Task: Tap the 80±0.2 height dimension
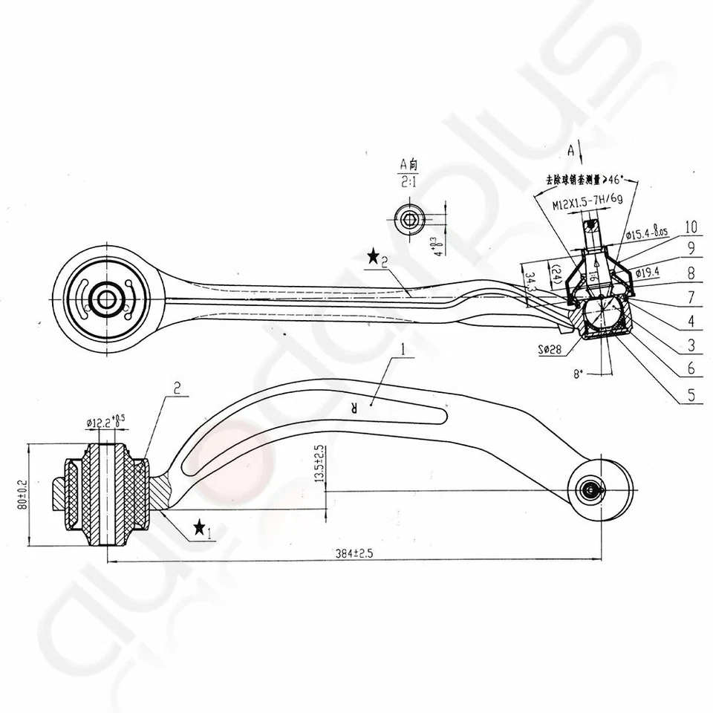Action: coord(22,494)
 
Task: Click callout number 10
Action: coord(690,226)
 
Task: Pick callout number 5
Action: coord(690,396)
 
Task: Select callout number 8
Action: coord(690,273)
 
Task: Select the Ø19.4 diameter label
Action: coord(643,273)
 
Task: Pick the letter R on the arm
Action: coord(356,406)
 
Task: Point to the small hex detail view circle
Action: coord(408,219)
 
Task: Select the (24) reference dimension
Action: coord(555,276)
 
